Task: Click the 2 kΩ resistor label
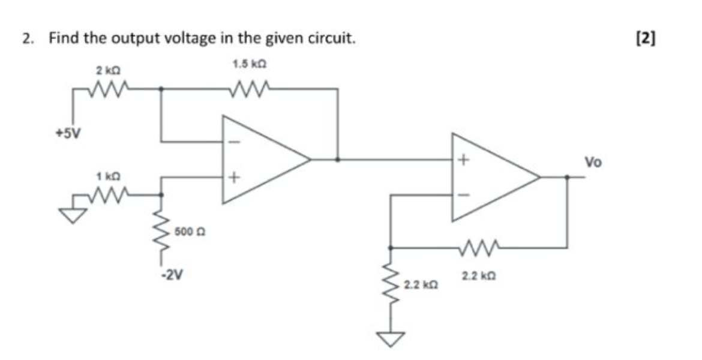click(106, 71)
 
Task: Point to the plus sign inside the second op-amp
click(463, 160)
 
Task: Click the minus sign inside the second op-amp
click(463, 195)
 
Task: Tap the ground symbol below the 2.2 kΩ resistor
click(390, 340)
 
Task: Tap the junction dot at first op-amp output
click(338, 160)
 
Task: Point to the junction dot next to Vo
click(567, 177)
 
